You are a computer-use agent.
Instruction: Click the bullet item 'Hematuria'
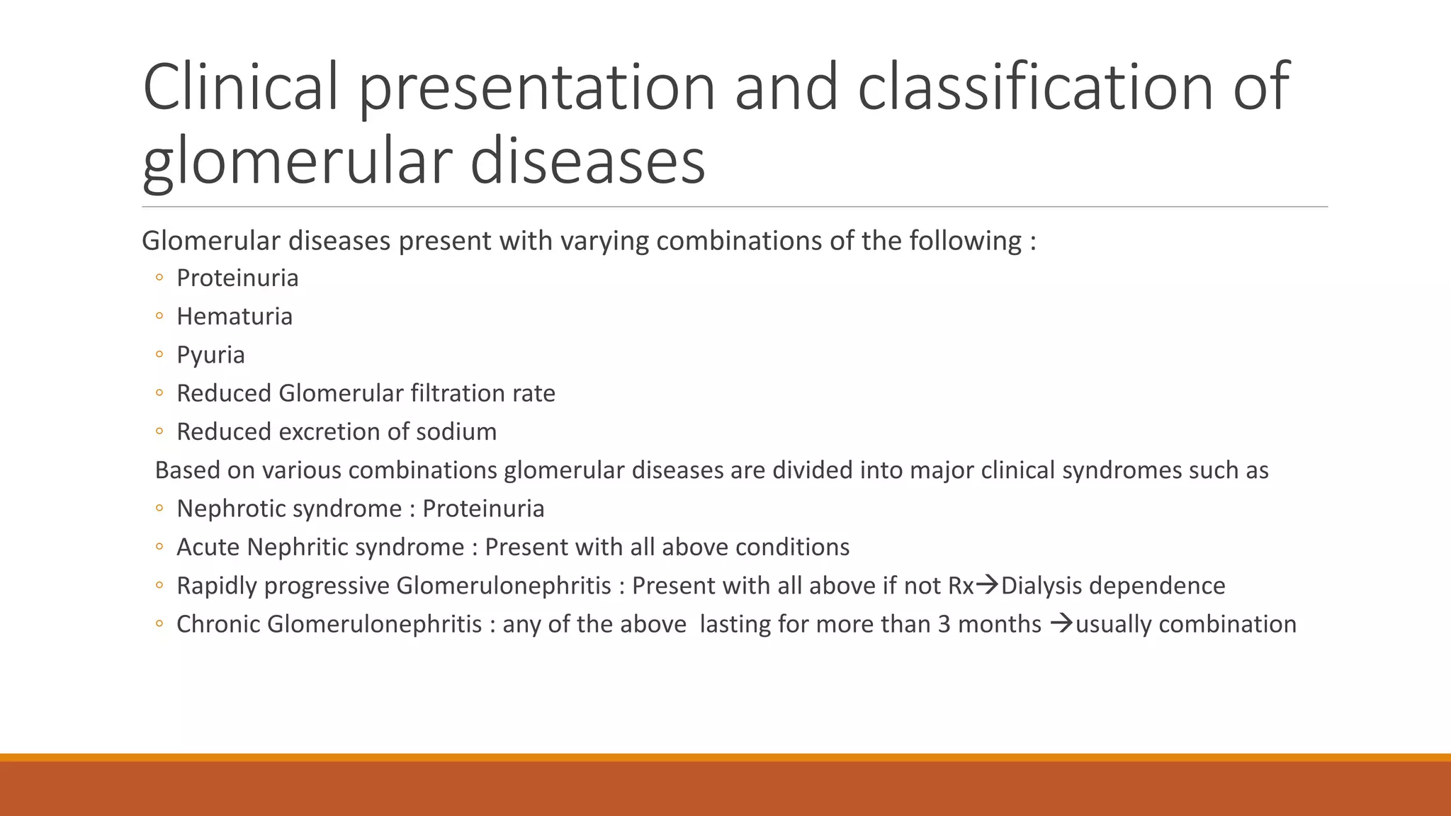click(x=234, y=317)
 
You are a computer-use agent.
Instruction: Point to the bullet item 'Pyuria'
click(x=210, y=355)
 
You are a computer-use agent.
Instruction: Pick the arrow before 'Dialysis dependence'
click(x=987, y=585)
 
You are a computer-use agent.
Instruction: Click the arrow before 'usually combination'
click(x=1061, y=623)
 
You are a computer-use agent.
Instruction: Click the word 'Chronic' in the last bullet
click(x=218, y=624)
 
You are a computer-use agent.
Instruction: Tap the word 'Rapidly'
click(x=216, y=586)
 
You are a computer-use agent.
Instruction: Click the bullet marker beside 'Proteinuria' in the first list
click(x=159, y=278)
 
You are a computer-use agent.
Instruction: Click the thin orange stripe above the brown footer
click(x=725, y=757)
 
